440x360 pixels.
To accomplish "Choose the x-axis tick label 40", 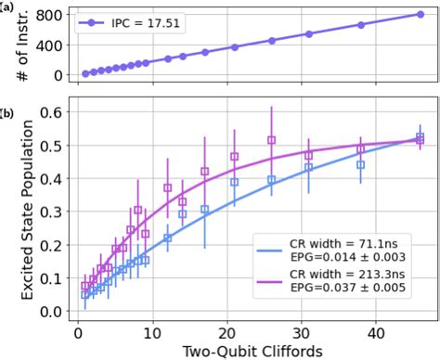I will point(376,330).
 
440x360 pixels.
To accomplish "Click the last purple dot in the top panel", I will point(421,15).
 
